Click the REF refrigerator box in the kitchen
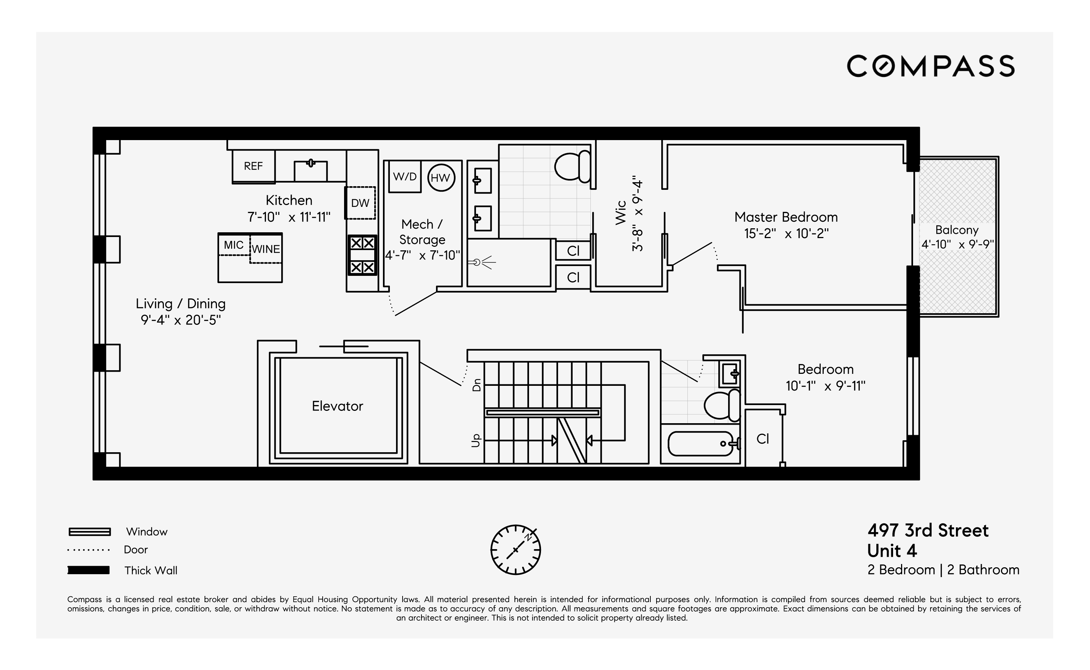[253, 166]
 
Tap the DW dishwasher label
[360, 203]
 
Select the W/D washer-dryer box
[404, 176]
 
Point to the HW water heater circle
[441, 178]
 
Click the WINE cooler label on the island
[266, 249]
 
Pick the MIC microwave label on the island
[234, 245]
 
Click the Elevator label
[338, 406]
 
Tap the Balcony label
[957, 230]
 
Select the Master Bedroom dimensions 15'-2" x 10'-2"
[786, 233]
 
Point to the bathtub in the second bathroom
[701, 444]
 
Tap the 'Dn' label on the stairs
[477, 385]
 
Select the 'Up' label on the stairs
[476, 441]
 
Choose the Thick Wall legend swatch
[89, 570]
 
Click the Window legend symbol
[90, 532]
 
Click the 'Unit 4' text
[892, 551]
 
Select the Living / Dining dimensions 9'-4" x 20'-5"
[181, 320]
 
